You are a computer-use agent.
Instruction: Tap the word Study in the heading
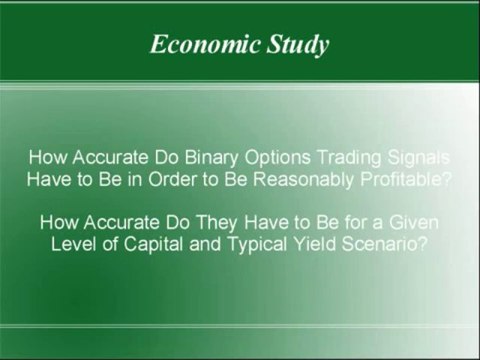(x=299, y=45)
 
